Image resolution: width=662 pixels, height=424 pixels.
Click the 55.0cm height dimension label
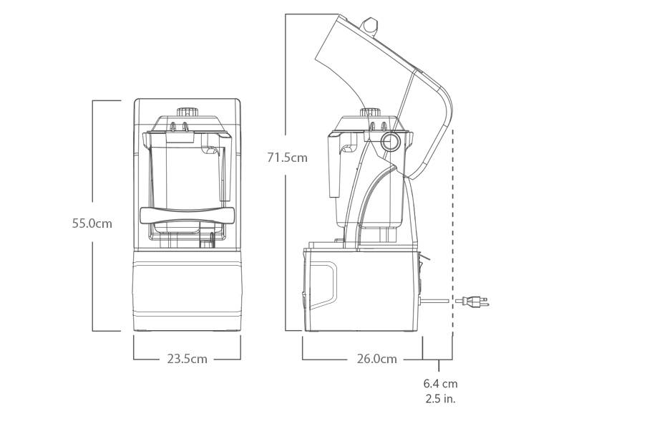(x=92, y=223)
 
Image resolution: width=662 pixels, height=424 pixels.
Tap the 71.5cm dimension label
(x=287, y=158)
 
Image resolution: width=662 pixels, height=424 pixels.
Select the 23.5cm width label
(x=187, y=359)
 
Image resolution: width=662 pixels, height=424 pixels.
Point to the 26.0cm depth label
(x=377, y=359)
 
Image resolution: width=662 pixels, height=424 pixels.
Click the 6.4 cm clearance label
(x=440, y=383)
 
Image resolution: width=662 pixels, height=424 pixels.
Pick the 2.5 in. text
(x=440, y=398)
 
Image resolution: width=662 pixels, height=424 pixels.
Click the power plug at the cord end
(x=472, y=302)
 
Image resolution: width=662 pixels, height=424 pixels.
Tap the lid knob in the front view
(x=188, y=112)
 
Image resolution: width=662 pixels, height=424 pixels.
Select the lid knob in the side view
(x=370, y=112)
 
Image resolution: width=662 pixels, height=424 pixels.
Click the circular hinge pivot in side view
(x=389, y=142)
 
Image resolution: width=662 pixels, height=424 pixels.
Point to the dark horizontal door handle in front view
(x=187, y=215)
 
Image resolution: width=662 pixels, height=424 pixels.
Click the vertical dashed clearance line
(x=452, y=231)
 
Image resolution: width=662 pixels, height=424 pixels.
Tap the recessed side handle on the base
(x=324, y=286)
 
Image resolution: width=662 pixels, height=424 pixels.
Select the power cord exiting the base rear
(x=434, y=301)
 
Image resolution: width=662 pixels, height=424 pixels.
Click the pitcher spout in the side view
(x=349, y=148)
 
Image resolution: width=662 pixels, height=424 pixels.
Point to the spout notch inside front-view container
(x=210, y=150)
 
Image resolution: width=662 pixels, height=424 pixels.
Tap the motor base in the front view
(x=187, y=291)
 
